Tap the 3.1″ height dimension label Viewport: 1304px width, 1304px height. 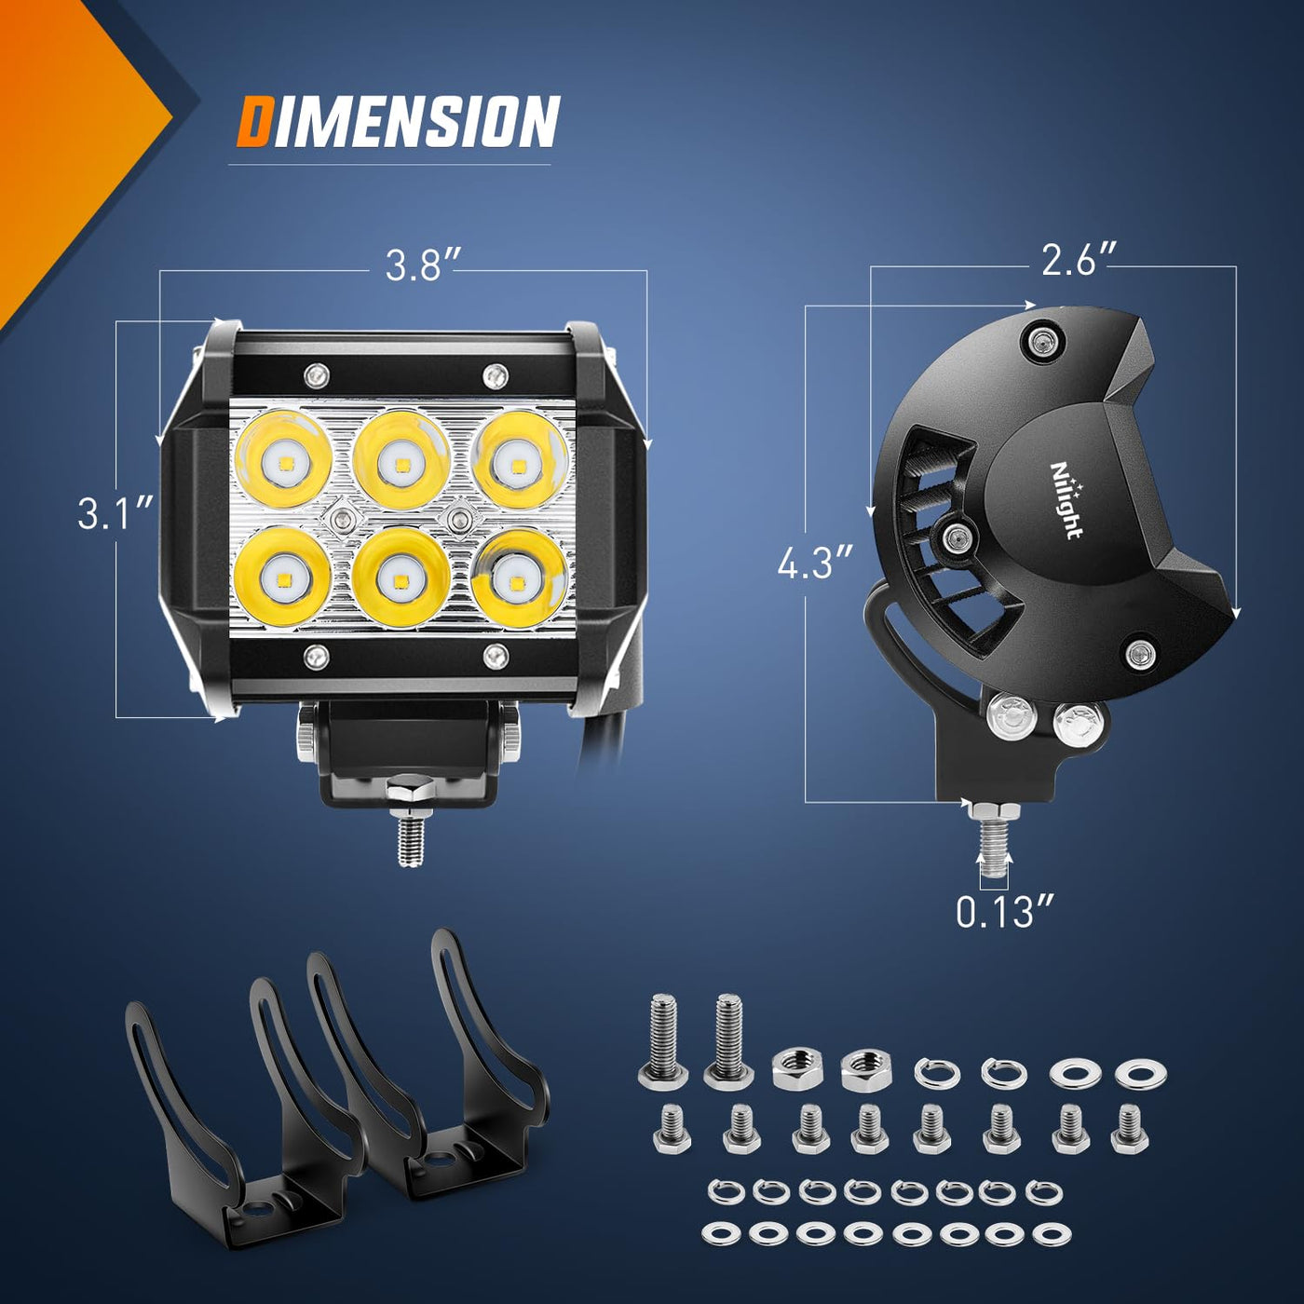[x=115, y=513]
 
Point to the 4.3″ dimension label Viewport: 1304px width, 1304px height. [x=815, y=563]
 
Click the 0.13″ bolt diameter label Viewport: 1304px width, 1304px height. [x=1006, y=912]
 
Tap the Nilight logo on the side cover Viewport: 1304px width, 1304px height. [x=1066, y=500]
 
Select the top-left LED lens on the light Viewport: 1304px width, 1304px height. [x=284, y=459]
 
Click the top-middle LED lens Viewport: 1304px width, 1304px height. [x=401, y=460]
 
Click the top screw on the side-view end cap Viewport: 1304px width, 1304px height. [x=1040, y=343]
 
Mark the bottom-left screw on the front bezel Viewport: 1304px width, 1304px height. [x=316, y=655]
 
